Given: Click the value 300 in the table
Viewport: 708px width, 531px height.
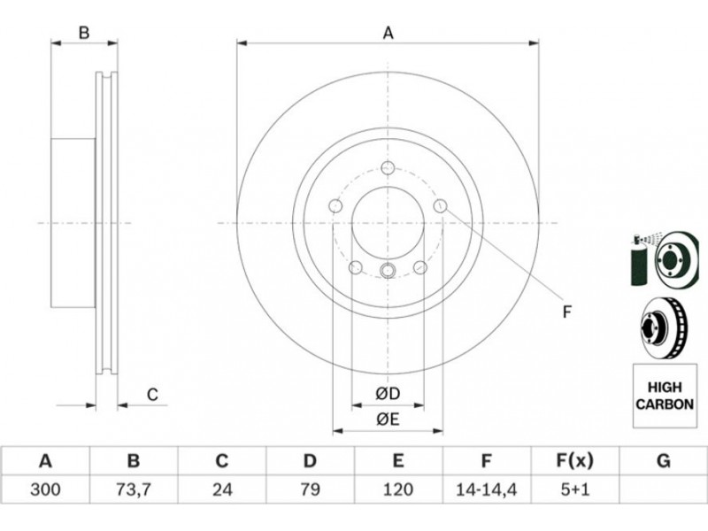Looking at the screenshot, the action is [x=45, y=489].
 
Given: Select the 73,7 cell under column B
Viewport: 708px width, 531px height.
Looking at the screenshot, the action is [x=134, y=489].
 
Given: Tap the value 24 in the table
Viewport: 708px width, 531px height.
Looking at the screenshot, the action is [x=222, y=489].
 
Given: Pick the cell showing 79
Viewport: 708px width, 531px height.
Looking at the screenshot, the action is [x=310, y=489].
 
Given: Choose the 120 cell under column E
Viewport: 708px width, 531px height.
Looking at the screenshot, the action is [x=397, y=489].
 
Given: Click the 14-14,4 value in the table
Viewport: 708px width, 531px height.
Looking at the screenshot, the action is [x=486, y=489].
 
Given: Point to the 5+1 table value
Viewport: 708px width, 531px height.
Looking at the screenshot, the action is [x=574, y=489].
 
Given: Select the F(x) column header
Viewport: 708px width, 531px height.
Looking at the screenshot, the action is [x=574, y=461].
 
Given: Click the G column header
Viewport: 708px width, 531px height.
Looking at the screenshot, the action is [x=663, y=461].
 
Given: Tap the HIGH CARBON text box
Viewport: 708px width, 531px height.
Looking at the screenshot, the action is [x=665, y=396].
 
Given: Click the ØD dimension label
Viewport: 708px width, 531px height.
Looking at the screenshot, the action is [x=388, y=394].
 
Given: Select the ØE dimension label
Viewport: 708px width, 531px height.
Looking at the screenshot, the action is [x=388, y=419].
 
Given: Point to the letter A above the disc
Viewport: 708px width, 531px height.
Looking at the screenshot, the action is [x=389, y=33].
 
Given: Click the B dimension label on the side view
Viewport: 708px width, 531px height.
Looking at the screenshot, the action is [x=84, y=33].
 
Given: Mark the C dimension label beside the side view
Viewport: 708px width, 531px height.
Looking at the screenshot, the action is [x=152, y=395].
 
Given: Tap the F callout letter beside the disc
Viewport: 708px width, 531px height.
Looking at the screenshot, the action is [x=567, y=312].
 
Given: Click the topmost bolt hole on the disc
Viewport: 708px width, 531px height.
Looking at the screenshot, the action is [x=388, y=168].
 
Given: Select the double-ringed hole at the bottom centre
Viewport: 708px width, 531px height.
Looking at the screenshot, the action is [x=388, y=271].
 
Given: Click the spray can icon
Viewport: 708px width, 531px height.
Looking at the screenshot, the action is [x=639, y=259].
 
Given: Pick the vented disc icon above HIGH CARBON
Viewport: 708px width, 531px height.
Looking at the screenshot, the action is [x=663, y=327].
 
